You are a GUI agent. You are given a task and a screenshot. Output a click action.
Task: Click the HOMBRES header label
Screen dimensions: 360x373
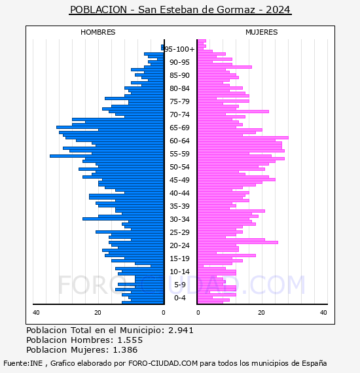pyautogui.click(x=98, y=32)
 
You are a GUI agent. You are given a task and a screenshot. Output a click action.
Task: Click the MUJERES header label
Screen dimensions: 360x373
pyautogui.click(x=262, y=32)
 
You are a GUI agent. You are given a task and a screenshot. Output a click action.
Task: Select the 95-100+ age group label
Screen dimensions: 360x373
pyautogui.click(x=179, y=49)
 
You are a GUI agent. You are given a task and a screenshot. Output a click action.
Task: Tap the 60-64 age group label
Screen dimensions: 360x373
pyautogui.click(x=179, y=141)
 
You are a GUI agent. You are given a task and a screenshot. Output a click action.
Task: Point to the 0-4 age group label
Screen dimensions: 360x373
pyautogui.click(x=179, y=298)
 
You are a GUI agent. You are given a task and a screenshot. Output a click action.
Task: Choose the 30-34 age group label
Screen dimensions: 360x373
pyautogui.click(x=179, y=219)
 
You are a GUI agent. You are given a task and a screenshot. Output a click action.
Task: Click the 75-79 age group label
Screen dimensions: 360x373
pyautogui.click(x=179, y=101)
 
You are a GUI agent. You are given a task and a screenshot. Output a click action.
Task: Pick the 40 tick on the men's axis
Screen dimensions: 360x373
pyautogui.click(x=36, y=312)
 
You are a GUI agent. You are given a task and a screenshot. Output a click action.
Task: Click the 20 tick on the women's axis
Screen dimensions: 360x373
pyautogui.click(x=261, y=312)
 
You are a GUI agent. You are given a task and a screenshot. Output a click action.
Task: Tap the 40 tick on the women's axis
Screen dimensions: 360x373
pyautogui.click(x=323, y=312)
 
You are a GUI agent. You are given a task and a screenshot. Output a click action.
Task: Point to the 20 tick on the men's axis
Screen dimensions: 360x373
pyautogui.click(x=98, y=312)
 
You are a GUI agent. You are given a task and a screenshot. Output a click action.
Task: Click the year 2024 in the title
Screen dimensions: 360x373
pyautogui.click(x=278, y=10)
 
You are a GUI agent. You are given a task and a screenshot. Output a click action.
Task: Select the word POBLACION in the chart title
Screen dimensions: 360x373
pyautogui.click(x=98, y=10)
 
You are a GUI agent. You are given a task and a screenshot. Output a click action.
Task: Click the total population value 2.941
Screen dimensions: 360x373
pyautogui.click(x=181, y=330)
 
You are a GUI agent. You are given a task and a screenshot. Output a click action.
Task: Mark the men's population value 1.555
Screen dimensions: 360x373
pyautogui.click(x=130, y=340)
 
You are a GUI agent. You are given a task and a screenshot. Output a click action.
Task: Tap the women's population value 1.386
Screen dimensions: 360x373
pyautogui.click(x=125, y=349)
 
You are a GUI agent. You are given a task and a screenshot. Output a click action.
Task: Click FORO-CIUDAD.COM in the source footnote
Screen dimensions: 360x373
pyautogui.click(x=163, y=363)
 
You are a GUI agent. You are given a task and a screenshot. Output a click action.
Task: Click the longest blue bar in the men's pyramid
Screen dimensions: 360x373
pyautogui.click(x=107, y=156)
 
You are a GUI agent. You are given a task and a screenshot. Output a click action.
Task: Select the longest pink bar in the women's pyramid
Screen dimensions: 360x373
pyautogui.click(x=243, y=137)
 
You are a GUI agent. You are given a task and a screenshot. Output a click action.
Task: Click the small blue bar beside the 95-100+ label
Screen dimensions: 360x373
pyautogui.click(x=162, y=48)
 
